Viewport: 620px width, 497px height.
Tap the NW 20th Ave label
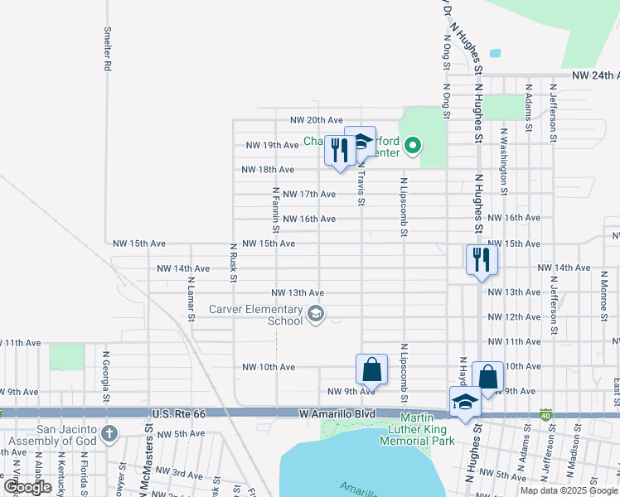316,120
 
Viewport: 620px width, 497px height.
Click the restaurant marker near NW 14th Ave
482,261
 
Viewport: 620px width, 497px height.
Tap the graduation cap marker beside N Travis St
361,142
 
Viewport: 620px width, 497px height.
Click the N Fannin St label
275,209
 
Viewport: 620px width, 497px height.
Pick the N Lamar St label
191,298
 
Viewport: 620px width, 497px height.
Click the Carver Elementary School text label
255,315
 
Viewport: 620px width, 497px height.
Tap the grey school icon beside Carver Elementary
315,314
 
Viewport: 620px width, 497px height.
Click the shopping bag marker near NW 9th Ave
371,370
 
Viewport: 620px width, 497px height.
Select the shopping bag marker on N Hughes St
487,378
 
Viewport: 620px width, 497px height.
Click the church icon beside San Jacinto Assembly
109,433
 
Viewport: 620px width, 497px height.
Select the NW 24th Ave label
595,75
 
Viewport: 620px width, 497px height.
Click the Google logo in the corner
27,487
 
